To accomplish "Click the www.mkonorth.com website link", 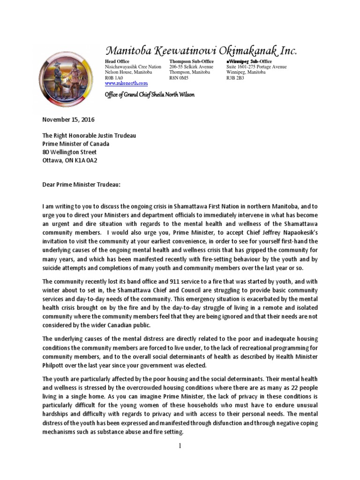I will point(126,83).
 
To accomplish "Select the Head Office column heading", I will point(117,61).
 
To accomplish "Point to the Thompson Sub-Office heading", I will point(191,61).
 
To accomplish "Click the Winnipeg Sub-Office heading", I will point(249,61).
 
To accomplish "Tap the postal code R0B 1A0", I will point(114,78).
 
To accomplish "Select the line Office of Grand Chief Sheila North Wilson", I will point(149,95).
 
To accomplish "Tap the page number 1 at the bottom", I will point(180,446).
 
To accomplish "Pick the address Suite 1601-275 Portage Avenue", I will point(256,67).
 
